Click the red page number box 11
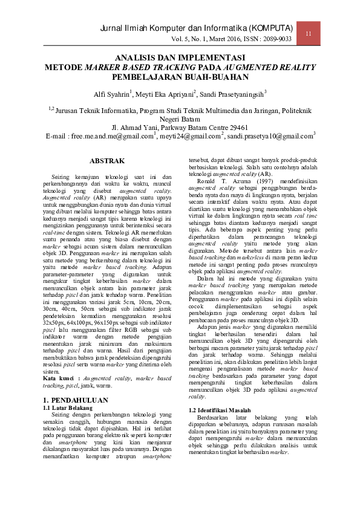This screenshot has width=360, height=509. pyautogui.click(x=308, y=33)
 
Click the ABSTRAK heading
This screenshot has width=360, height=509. pyautogui.click(x=107, y=161)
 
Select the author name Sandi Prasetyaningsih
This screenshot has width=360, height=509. pyautogui.click(x=232, y=94)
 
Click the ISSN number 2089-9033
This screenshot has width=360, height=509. pyautogui.click(x=277, y=39)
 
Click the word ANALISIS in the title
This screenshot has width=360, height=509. pyautogui.click(x=136, y=57)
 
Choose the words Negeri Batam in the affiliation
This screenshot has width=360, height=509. pyautogui.click(x=180, y=119)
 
